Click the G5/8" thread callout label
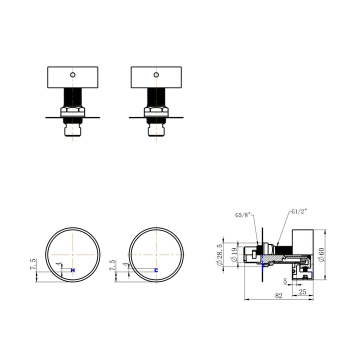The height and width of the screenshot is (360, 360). [x=244, y=215]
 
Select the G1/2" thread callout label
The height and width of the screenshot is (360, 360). [x=299, y=211]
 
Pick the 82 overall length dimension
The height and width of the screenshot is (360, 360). [x=278, y=295]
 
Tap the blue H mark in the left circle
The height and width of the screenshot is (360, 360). [x=73, y=270]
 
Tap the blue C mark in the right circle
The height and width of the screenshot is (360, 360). [x=156, y=270]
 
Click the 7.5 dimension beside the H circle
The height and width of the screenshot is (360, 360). [x=33, y=265]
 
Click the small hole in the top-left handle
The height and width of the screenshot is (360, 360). [x=73, y=75]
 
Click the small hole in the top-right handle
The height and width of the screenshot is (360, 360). [x=156, y=75]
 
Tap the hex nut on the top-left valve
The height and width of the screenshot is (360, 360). [x=73, y=111]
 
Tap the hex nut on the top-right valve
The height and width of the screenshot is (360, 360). [x=156, y=111]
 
